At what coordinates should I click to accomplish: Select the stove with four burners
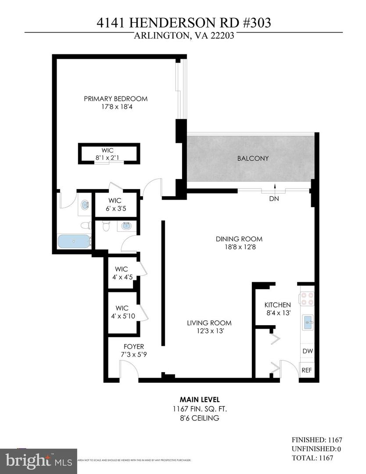307,298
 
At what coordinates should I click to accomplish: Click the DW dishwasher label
307,351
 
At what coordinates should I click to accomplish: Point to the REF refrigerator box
307,370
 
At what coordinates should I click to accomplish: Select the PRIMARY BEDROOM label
115,99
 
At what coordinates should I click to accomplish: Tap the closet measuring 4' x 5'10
122,312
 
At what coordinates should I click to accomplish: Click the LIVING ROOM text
209,323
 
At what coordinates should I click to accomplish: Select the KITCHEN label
277,305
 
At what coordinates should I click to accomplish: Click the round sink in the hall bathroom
126,226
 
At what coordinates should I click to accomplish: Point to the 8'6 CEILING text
200,418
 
